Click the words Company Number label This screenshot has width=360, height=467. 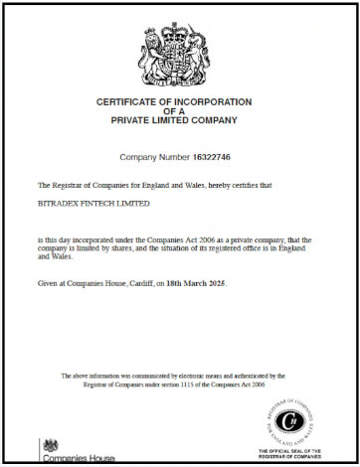click(x=154, y=157)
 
